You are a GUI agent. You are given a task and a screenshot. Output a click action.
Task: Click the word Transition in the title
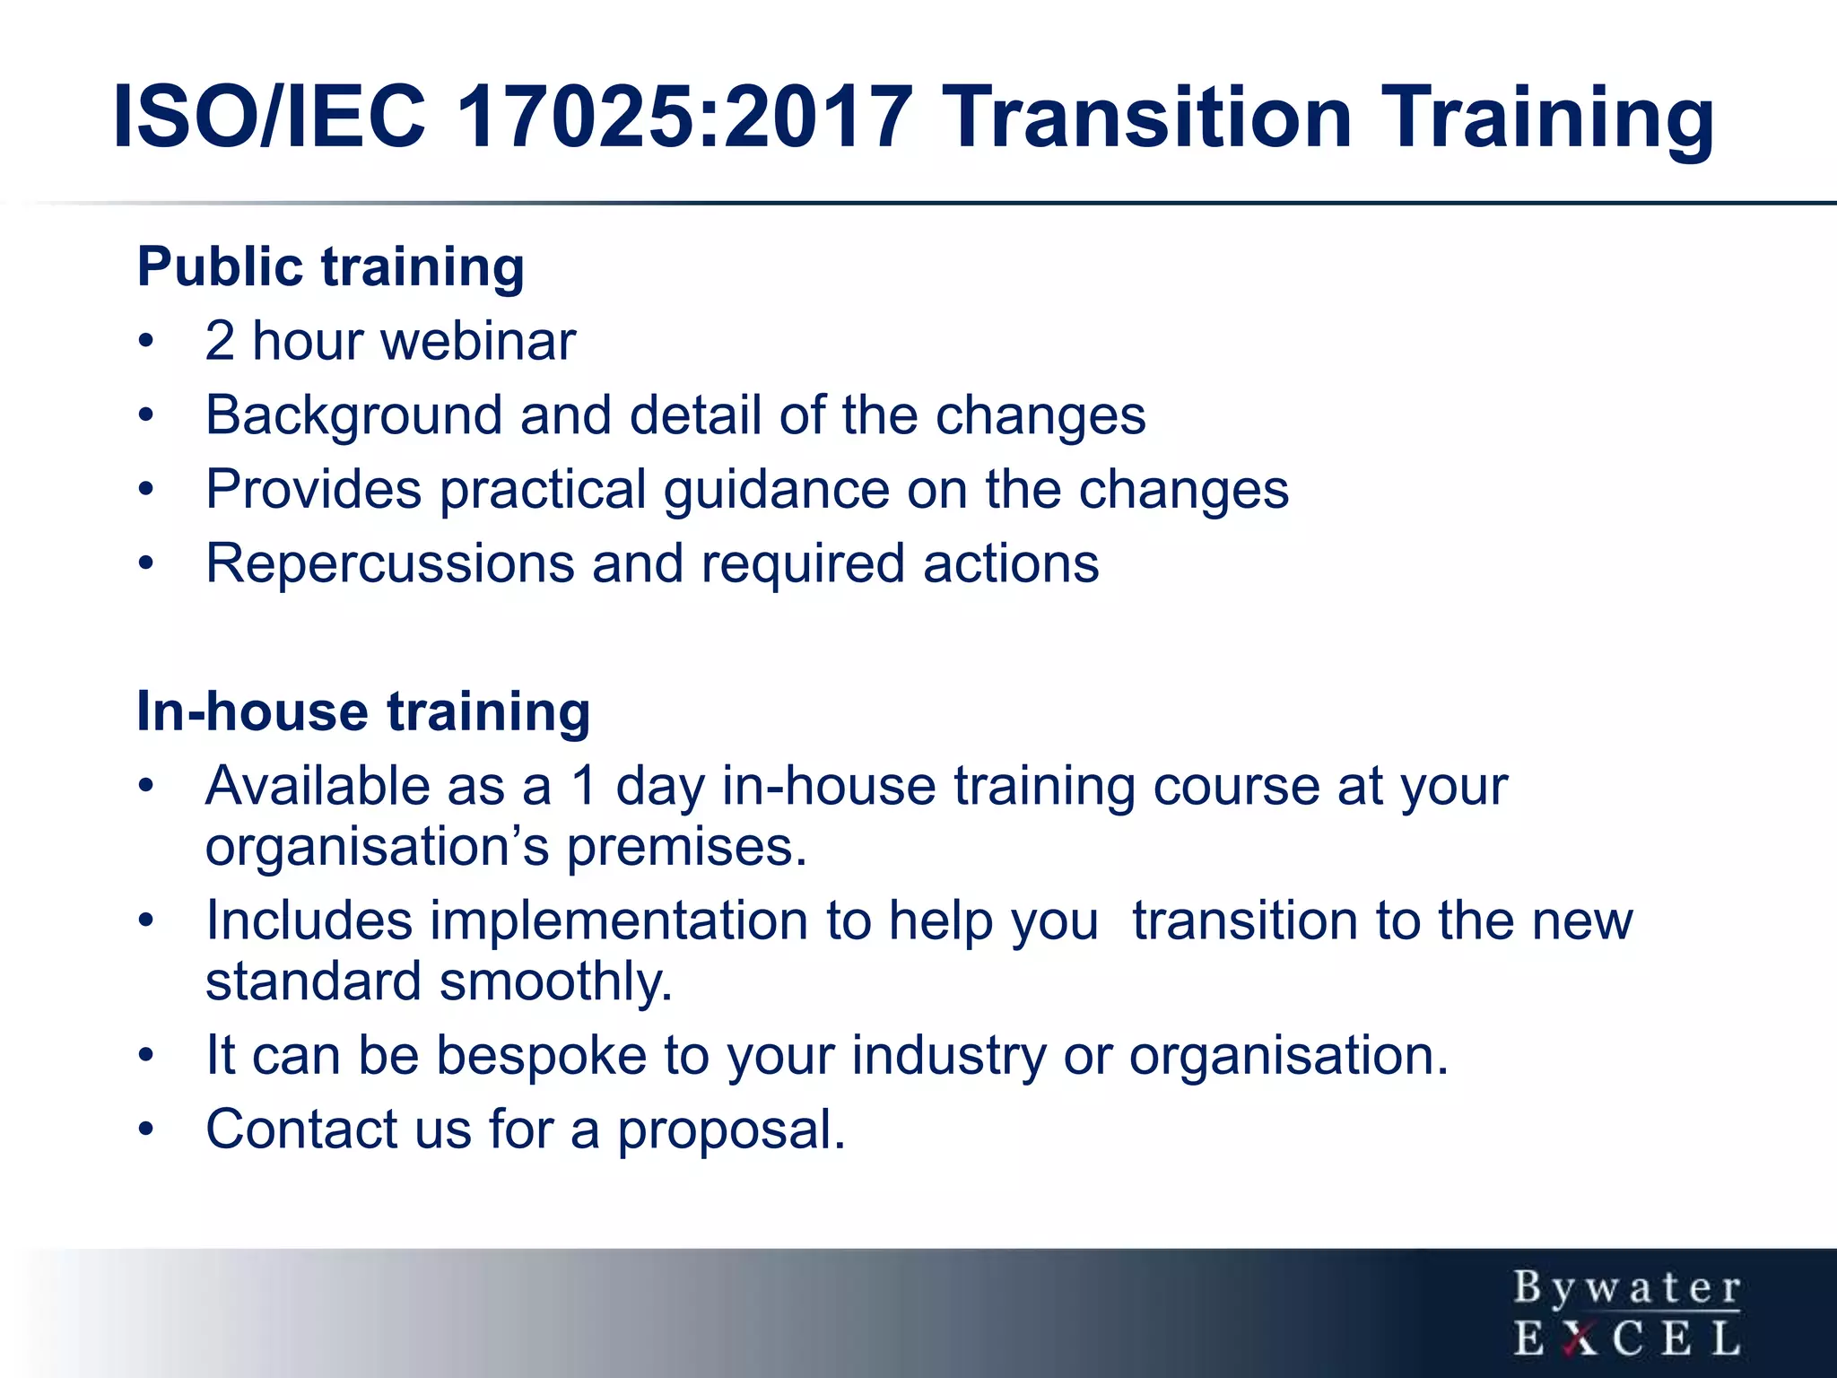(x=1148, y=117)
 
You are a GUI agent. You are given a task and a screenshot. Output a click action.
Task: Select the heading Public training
(x=330, y=267)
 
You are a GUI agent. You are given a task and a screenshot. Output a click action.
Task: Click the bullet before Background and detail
(x=146, y=415)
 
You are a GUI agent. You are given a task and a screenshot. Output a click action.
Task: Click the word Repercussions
(x=390, y=564)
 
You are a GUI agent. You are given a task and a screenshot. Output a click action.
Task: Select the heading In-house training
(x=363, y=711)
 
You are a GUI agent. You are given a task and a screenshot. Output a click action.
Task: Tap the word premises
(x=686, y=848)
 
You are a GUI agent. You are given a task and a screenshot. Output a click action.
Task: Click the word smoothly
(x=556, y=981)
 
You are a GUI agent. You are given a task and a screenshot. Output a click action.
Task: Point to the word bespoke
(x=541, y=1056)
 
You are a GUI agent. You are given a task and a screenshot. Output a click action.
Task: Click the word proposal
(x=731, y=1130)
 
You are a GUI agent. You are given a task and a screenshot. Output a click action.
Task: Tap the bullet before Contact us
(x=146, y=1129)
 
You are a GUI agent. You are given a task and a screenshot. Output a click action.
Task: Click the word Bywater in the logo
(x=1627, y=1288)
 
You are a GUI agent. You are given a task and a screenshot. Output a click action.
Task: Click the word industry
(x=948, y=1056)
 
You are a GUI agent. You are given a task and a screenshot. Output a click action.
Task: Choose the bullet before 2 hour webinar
(x=146, y=341)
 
